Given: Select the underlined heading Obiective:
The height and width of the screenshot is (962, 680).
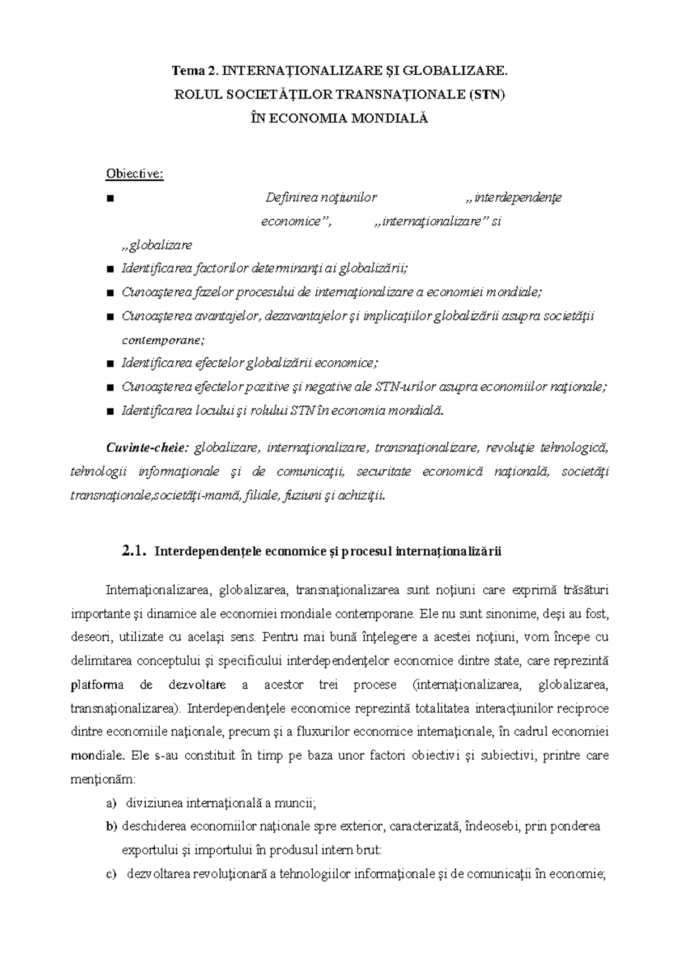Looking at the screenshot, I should pos(134,173).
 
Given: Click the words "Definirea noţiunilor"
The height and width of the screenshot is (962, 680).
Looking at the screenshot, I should pos(321,198).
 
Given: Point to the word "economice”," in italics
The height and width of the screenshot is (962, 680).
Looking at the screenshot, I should pos(295,222).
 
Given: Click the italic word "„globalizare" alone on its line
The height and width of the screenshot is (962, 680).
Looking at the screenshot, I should pos(157,245).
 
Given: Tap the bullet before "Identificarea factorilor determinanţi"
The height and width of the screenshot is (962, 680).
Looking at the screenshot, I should pos(110,269).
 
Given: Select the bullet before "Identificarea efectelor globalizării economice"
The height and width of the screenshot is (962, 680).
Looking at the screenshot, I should pos(110,363).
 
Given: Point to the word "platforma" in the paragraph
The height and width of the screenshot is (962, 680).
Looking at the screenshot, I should pos(97,684).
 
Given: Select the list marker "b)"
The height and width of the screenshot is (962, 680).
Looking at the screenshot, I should pos(110,827).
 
